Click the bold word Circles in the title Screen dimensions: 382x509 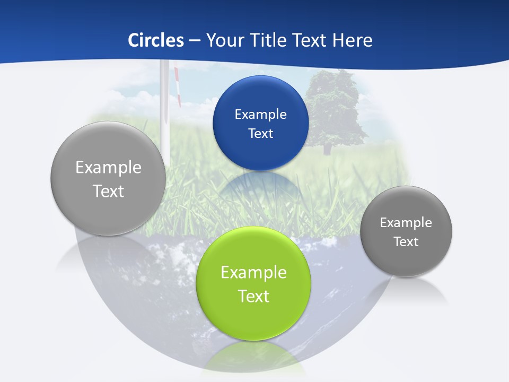155,40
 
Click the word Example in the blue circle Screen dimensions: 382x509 260,115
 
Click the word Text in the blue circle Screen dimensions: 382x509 260,134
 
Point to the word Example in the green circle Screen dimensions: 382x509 253,273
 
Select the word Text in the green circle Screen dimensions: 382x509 253,296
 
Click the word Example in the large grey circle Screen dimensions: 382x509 108,168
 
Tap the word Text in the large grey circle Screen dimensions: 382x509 108,191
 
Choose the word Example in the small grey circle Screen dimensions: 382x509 406,223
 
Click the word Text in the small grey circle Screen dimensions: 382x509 406,242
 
